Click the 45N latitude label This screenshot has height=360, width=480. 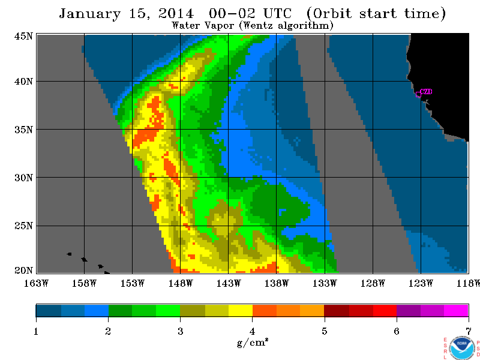point(23,36)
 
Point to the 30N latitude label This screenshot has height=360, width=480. point(23,178)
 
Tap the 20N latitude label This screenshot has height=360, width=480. point(23,271)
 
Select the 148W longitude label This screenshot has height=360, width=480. point(181,283)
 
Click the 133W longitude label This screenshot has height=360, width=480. point(325,283)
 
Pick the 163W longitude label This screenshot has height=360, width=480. point(36,283)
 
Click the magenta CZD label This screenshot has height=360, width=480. point(426,92)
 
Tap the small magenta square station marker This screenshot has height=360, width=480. point(418,95)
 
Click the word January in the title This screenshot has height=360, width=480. point(89,14)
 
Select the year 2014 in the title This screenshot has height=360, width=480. point(176,13)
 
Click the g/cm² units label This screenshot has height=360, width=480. point(253,342)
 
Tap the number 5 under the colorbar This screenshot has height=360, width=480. point(324,331)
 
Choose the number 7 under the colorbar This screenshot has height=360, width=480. point(469,331)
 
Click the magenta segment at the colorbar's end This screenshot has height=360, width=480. point(456,310)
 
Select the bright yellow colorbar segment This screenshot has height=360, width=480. point(241,310)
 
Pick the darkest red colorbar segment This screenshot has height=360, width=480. point(337,310)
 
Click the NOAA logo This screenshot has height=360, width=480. point(462,349)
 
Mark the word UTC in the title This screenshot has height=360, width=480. point(277,14)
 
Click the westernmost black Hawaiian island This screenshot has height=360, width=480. point(69,254)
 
